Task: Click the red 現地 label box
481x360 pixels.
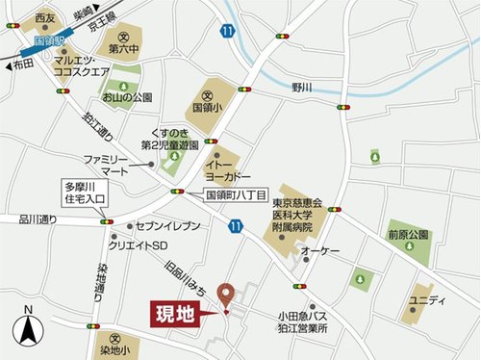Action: pyautogui.click(x=175, y=315)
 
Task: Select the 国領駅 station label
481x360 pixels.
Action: pyautogui.click(x=48, y=41)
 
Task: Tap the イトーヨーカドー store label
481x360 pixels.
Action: pyautogui.click(x=231, y=171)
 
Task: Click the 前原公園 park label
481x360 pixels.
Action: pyautogui.click(x=408, y=234)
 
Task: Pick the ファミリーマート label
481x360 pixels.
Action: pyautogui.click(x=105, y=164)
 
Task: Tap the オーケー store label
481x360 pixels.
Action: pyautogui.click(x=321, y=250)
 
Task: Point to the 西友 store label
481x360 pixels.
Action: pyautogui.click(x=44, y=17)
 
